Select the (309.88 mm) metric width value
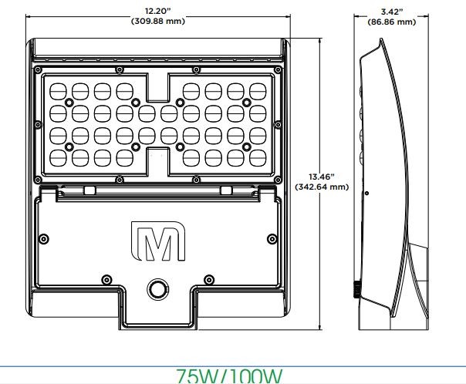(158, 22)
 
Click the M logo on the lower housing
(158, 241)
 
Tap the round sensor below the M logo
(158, 289)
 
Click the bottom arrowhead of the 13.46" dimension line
(321, 327)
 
